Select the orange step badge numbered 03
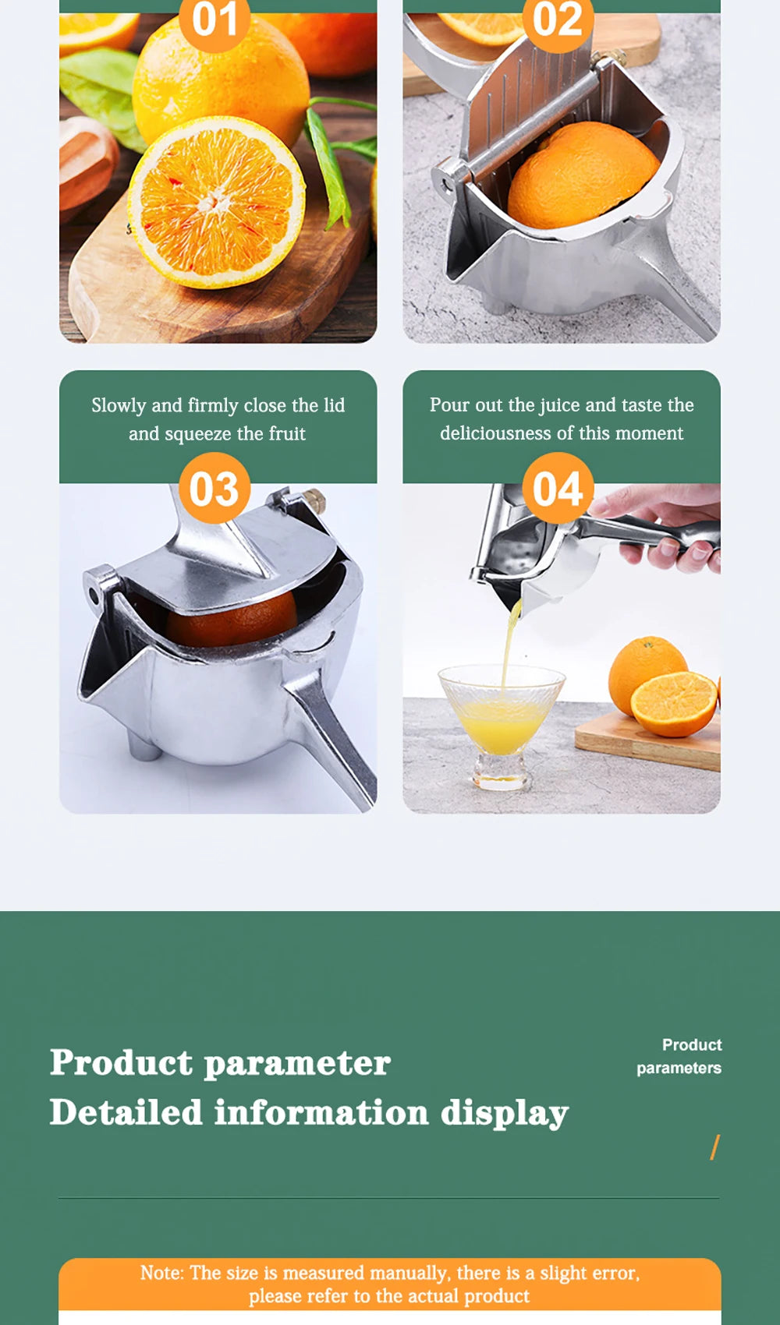click(214, 489)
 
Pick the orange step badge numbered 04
click(558, 489)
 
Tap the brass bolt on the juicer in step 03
click(314, 499)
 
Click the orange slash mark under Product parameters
click(714, 1147)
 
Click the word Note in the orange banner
click(161, 1273)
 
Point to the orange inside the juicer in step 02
click(581, 175)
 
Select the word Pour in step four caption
click(449, 405)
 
